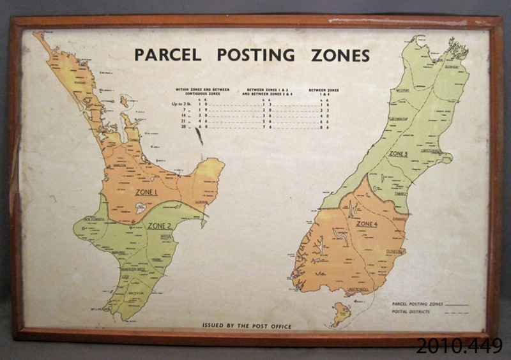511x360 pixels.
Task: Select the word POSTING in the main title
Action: click(256, 55)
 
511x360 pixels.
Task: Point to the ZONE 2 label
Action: click(159, 225)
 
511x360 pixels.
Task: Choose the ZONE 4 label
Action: click(367, 224)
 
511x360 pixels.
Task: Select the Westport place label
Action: click(385, 91)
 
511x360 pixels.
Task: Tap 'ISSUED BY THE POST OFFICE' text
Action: click(247, 326)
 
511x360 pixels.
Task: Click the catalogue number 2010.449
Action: click(459, 345)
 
